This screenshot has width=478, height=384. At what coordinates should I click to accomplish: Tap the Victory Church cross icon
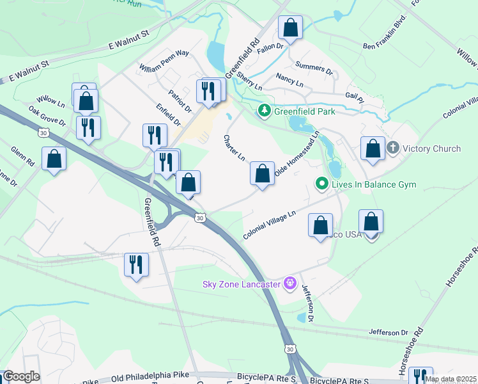pyautogui.click(x=392, y=148)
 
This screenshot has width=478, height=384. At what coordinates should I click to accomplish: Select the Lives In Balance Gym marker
pyautogui.click(x=323, y=185)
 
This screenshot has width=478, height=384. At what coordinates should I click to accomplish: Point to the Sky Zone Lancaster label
pyautogui.click(x=242, y=284)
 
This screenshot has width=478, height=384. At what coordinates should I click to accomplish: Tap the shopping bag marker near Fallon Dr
pyautogui.click(x=290, y=28)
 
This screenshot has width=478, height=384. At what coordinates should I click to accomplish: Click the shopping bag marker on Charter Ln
pyautogui.click(x=262, y=173)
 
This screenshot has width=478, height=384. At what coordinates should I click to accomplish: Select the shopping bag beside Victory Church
pyautogui.click(x=373, y=148)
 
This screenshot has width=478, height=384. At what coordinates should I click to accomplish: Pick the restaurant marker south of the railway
pyautogui.click(x=135, y=264)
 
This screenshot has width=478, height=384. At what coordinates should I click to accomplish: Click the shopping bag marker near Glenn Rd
pyautogui.click(x=54, y=159)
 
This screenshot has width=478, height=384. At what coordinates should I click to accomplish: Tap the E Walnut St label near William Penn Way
pyautogui.click(x=128, y=39)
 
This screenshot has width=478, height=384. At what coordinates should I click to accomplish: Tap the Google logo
pyautogui.click(x=20, y=376)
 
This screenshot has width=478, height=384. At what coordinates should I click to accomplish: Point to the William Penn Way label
pyautogui.click(x=164, y=60)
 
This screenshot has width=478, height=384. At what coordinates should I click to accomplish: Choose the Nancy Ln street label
pyautogui.click(x=289, y=80)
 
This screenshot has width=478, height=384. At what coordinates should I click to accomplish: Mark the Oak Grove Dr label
pyautogui.click(x=47, y=115)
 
